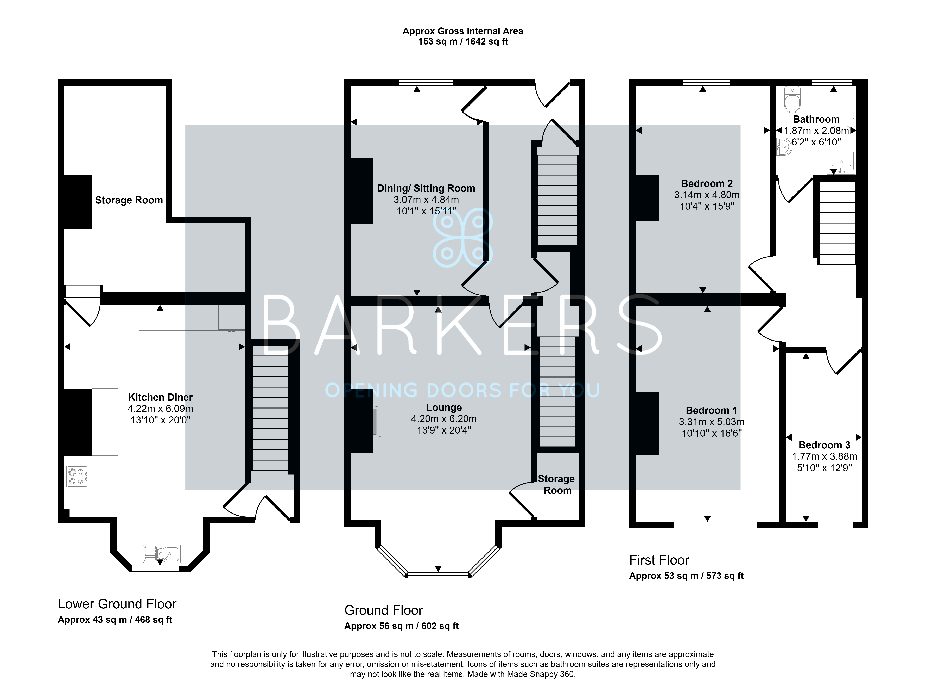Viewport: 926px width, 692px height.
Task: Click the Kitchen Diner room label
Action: pos(160,397)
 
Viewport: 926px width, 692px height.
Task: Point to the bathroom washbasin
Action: pos(784,147)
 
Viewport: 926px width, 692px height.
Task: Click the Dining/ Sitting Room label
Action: pos(426,188)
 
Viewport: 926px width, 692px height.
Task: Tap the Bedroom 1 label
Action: pos(711,411)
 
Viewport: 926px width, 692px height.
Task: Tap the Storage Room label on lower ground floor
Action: pos(129,200)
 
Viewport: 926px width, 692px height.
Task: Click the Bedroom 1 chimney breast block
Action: pos(647,423)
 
